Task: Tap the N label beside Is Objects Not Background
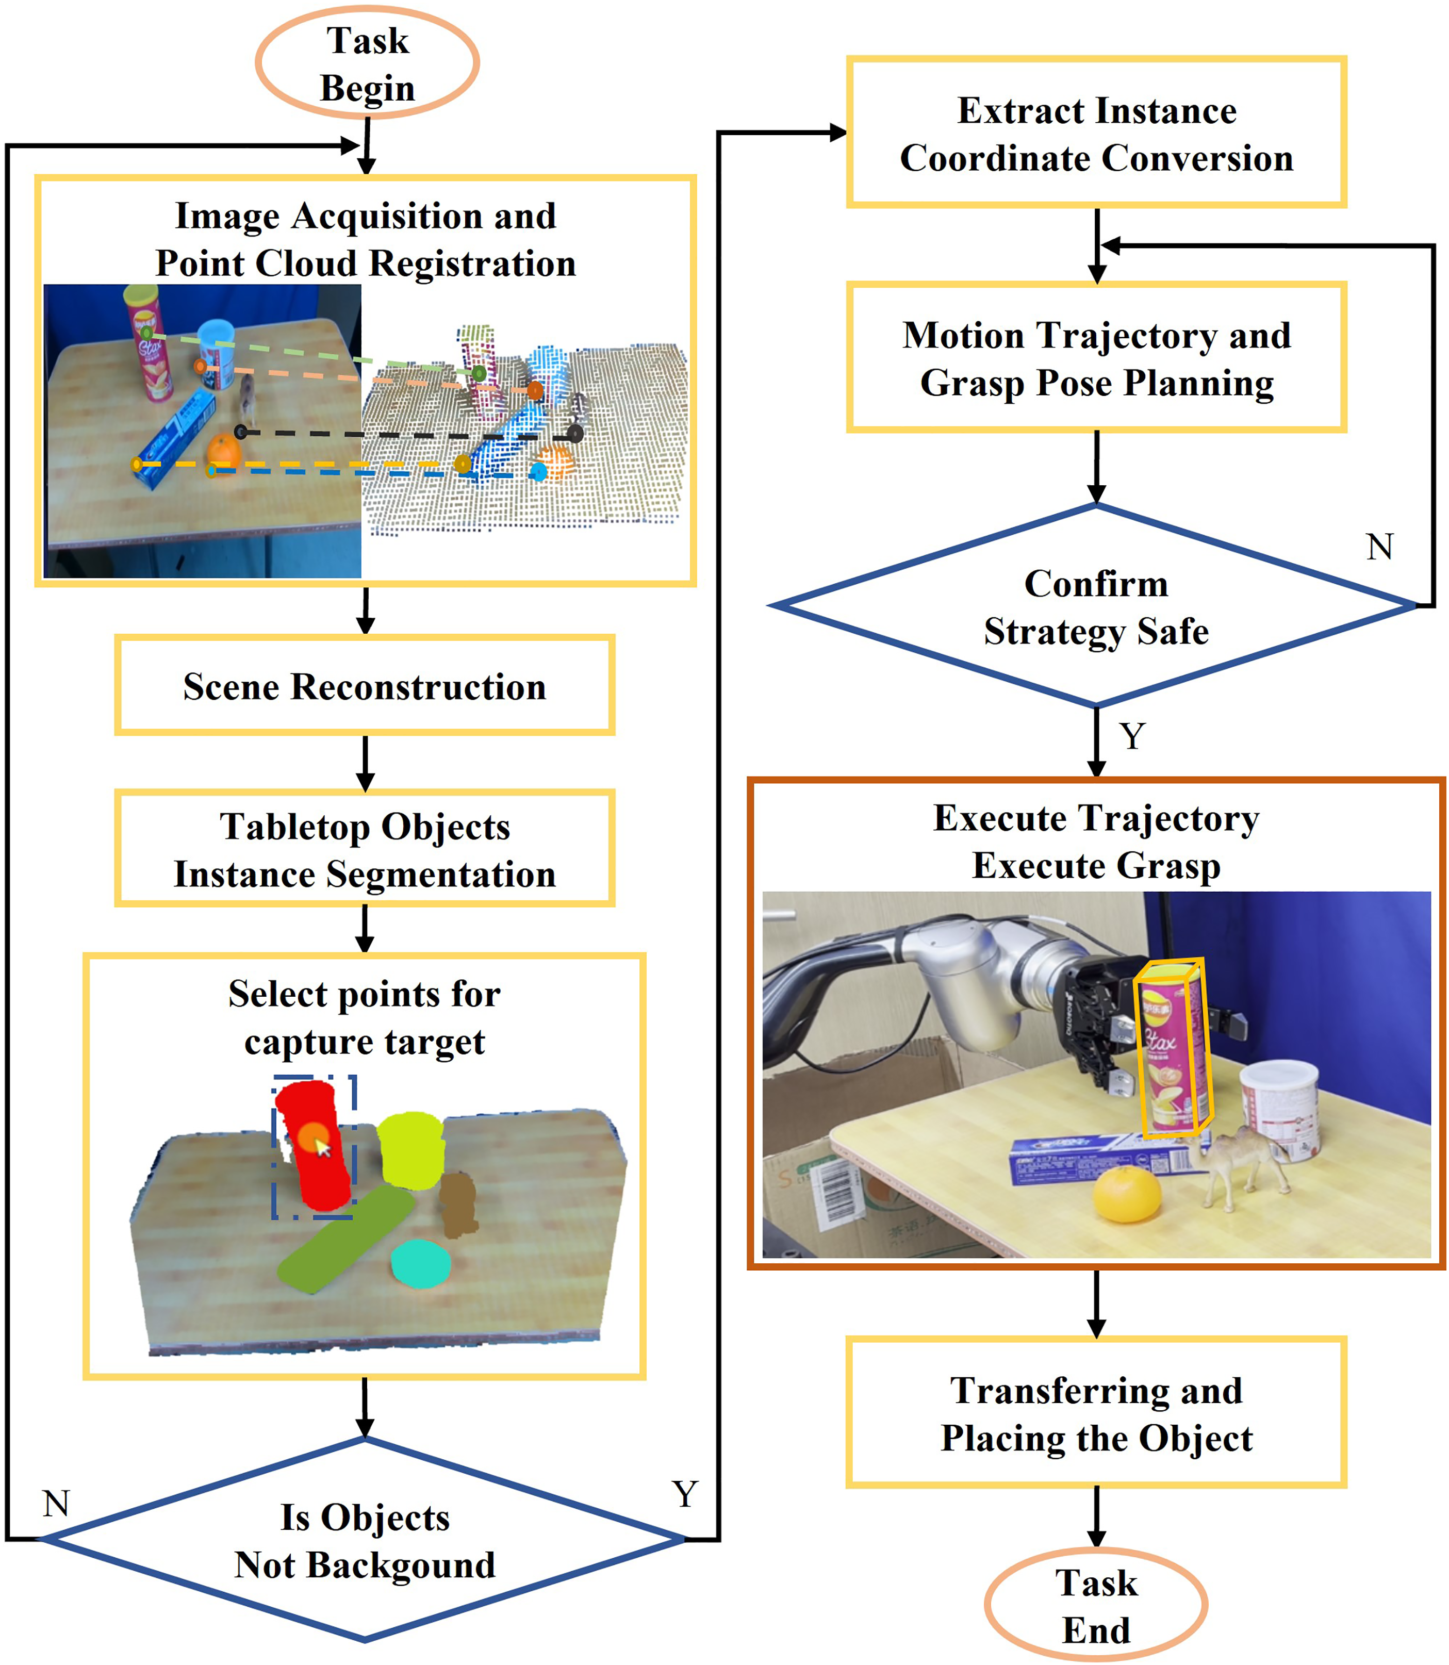click(x=56, y=1504)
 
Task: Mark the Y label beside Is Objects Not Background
click(x=685, y=1494)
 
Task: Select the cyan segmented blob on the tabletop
click(x=420, y=1264)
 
